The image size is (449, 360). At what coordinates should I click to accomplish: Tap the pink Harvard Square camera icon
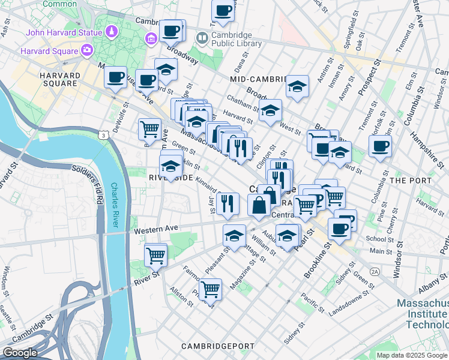(x=88, y=50)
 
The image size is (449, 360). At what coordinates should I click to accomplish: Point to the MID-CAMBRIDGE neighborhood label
(x=259, y=79)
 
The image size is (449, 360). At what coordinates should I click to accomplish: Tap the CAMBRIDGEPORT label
(x=215, y=346)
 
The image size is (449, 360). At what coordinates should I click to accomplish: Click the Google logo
(x=20, y=353)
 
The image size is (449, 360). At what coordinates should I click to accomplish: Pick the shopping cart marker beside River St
(x=156, y=255)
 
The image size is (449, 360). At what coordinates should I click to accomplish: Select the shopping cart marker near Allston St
(x=210, y=290)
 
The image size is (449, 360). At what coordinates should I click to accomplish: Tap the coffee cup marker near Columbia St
(x=379, y=146)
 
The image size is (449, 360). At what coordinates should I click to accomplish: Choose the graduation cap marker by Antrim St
(x=297, y=86)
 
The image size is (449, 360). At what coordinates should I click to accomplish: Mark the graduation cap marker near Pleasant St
(x=234, y=236)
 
